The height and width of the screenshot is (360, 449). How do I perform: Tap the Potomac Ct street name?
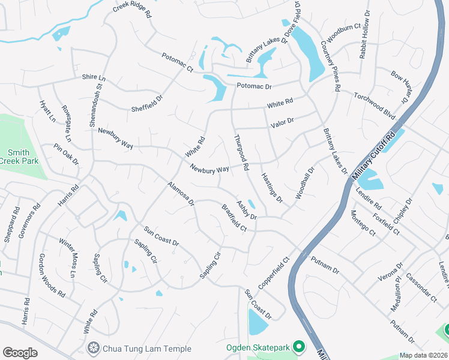coord(177,63)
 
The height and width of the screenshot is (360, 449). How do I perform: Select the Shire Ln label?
coord(94,79)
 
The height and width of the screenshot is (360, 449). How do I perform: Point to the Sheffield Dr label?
coord(148,103)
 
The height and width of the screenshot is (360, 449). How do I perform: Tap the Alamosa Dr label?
coord(181,194)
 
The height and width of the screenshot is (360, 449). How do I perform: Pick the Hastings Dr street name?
coord(272,187)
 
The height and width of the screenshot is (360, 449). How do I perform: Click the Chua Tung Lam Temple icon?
coord(93,348)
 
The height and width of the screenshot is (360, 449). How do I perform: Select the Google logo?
coord(20,352)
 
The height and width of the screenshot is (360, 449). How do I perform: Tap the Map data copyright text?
coord(424,355)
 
